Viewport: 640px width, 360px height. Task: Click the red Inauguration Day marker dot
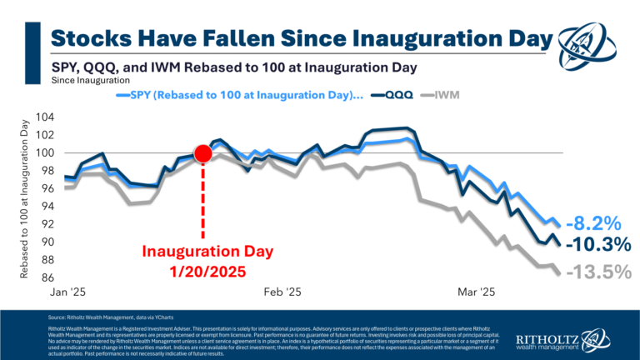point(202,153)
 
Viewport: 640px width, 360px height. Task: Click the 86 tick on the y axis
point(49,277)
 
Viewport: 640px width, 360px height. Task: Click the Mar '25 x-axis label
point(477,292)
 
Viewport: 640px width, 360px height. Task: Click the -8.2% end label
point(592,223)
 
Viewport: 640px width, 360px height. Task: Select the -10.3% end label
point(596,245)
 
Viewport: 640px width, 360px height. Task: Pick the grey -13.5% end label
point(596,272)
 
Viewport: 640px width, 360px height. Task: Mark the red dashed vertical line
point(202,200)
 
